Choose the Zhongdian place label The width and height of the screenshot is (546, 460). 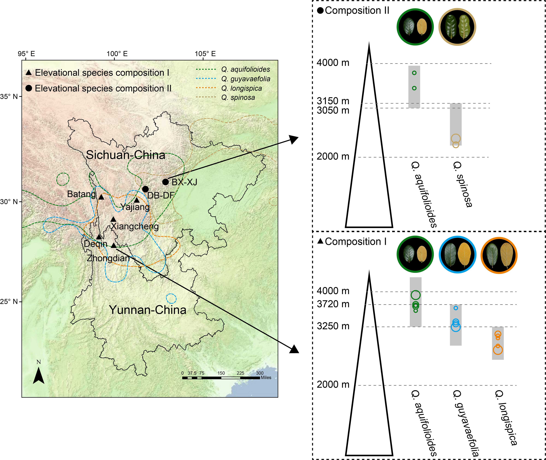(x=108, y=258)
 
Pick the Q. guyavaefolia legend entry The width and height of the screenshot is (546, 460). (x=246, y=79)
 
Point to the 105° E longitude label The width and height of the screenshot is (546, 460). (x=205, y=54)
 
